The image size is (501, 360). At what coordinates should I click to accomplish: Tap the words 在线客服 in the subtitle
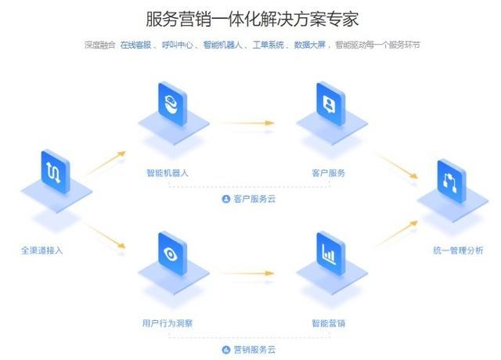[136, 45]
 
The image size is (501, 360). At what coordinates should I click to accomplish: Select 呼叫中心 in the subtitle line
[177, 45]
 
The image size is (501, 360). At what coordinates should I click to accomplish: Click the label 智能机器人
[168, 173]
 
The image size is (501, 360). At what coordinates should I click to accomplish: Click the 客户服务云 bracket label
[250, 199]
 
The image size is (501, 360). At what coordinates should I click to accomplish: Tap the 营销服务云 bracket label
[250, 349]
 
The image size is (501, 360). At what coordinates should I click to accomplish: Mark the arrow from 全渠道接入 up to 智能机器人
[105, 162]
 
